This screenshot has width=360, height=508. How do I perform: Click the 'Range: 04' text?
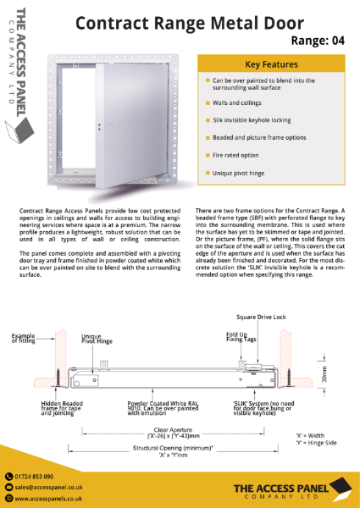point(318,39)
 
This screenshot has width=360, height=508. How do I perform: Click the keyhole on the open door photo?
point(100,128)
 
